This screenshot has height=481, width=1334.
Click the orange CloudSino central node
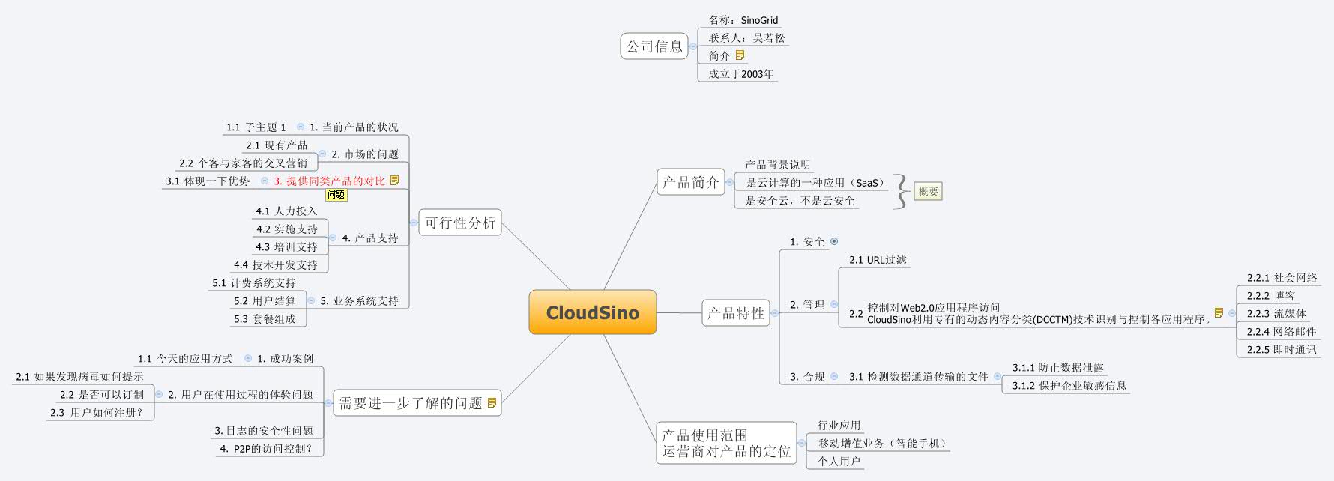coord(592,312)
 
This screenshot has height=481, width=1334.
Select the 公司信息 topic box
coord(654,46)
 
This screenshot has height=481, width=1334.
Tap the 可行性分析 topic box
coord(459,223)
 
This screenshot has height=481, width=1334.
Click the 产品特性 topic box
coord(735,312)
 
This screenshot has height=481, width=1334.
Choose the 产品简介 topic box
coord(690,182)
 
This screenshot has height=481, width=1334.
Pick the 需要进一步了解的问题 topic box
coord(417,403)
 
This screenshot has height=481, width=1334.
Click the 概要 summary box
coord(928,192)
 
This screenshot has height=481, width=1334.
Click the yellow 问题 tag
coord(336,195)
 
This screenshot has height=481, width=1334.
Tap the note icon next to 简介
coord(740,55)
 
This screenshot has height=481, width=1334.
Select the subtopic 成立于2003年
coord(741,74)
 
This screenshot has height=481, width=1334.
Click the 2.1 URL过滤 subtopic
coord(878,260)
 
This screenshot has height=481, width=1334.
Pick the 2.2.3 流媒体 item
coord(1276,314)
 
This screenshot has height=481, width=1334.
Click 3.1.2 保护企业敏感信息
coord(1069,386)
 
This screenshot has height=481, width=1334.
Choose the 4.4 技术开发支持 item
coord(275,265)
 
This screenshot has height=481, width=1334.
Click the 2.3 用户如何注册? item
coord(96,413)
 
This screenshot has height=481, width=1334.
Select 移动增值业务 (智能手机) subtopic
coord(882,444)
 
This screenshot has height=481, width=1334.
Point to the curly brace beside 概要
coord(902,192)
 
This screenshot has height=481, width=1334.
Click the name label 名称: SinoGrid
coord(743,20)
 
